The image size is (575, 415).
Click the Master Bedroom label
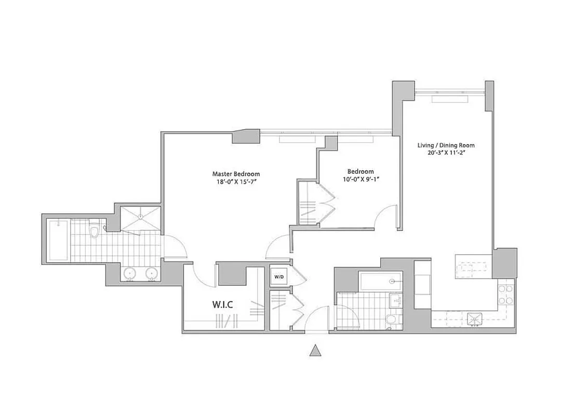236,174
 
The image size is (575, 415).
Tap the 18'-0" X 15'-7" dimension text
236,182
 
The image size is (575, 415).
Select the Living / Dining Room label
446,146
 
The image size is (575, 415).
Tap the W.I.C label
222,305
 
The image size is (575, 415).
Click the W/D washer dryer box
278,277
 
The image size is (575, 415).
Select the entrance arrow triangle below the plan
314,351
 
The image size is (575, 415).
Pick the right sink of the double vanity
152,273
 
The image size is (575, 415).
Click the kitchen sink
474,319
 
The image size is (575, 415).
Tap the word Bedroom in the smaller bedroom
360,172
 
